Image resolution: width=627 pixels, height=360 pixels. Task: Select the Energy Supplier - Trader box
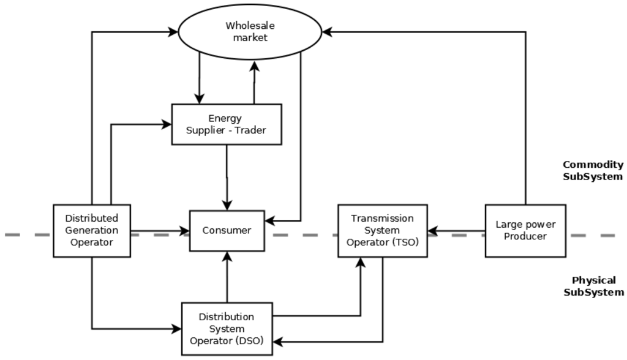(227, 124)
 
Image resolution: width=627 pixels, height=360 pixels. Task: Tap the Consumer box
(227, 231)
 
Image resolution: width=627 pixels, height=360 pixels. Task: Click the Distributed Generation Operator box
(92, 231)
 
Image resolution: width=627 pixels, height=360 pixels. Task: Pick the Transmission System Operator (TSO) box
(383, 231)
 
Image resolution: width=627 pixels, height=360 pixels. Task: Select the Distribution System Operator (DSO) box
(227, 329)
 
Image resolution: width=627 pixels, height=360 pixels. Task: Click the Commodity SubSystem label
(593, 171)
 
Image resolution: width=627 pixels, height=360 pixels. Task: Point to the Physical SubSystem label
(593, 286)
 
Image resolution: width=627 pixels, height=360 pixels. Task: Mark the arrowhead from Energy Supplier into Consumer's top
(227, 205)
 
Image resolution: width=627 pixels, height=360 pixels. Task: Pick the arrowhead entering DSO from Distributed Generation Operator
(177, 329)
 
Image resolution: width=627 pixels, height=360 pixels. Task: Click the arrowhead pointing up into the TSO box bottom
(361, 262)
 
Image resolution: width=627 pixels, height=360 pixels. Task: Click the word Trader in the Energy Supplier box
(251, 130)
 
